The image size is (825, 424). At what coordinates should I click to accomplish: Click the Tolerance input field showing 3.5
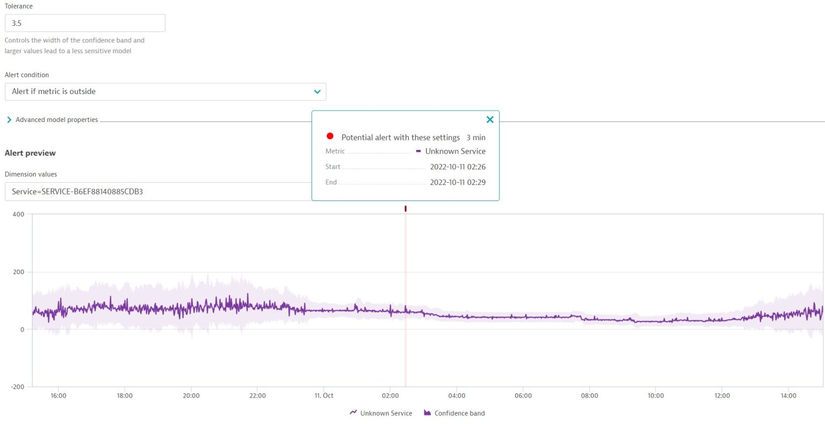click(85, 23)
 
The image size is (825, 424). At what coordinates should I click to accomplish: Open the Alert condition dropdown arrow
click(317, 92)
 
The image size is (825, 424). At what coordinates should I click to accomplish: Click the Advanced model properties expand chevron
click(9, 120)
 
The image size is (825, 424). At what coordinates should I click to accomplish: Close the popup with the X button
click(490, 120)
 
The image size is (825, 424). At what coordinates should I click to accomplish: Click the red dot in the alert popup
click(330, 136)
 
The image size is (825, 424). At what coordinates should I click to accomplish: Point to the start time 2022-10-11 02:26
click(458, 167)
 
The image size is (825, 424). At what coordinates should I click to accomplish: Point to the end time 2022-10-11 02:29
click(458, 183)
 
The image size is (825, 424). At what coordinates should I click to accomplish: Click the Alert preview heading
click(30, 153)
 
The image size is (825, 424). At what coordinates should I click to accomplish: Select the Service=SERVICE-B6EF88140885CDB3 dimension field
click(156, 192)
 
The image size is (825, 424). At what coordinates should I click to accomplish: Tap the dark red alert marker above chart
click(406, 209)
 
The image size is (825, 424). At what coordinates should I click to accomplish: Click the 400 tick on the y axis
click(18, 214)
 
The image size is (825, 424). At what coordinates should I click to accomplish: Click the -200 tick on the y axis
click(17, 387)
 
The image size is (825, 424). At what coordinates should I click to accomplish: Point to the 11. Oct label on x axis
click(324, 396)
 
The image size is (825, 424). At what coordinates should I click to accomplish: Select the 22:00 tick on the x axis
click(257, 396)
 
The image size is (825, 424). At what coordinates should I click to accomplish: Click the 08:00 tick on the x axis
click(589, 396)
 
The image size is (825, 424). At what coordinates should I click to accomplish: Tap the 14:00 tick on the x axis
click(788, 396)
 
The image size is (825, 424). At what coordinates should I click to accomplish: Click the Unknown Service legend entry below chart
click(381, 413)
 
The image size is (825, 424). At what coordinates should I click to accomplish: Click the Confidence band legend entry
click(454, 413)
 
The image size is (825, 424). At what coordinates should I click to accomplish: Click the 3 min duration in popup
click(476, 138)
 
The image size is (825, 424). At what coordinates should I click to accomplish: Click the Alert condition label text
click(27, 75)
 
